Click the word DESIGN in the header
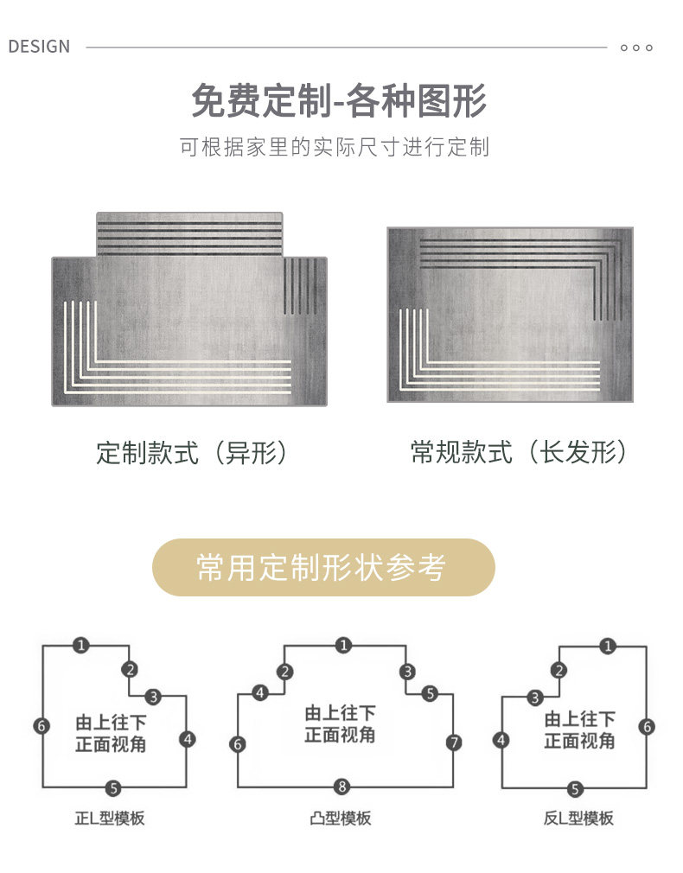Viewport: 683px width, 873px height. [x=39, y=47]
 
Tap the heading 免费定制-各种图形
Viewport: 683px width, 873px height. [x=339, y=102]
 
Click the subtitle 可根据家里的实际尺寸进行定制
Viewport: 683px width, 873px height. [x=334, y=147]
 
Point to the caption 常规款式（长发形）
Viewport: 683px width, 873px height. [x=519, y=453]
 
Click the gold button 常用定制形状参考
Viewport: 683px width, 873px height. [x=323, y=568]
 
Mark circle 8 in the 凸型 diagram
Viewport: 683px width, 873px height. [x=342, y=787]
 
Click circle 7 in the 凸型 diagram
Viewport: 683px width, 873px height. [x=454, y=742]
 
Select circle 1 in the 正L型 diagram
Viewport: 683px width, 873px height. [x=81, y=645]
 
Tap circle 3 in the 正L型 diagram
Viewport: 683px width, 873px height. [x=153, y=696]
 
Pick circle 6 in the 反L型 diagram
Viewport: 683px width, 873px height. [x=647, y=727]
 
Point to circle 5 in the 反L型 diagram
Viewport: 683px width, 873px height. [x=576, y=788]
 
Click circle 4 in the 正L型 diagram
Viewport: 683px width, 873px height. [x=188, y=739]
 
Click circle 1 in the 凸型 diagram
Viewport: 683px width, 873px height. [x=344, y=645]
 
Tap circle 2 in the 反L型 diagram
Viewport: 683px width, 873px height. [x=560, y=670]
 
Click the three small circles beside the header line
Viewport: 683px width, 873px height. [x=636, y=48]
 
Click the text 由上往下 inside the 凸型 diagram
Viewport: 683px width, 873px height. [x=341, y=714]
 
